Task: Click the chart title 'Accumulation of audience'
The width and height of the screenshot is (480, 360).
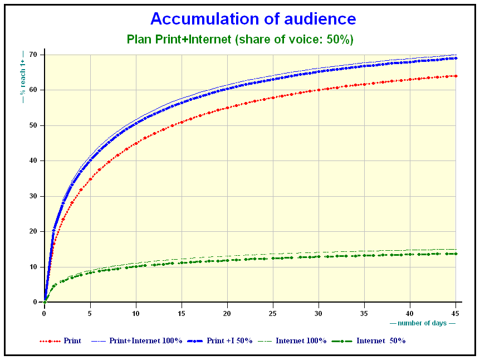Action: coord(253,19)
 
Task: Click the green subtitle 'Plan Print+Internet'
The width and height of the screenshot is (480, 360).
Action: coord(179,40)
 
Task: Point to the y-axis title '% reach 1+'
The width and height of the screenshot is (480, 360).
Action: coord(23,77)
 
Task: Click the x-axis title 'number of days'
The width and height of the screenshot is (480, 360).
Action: coord(422,323)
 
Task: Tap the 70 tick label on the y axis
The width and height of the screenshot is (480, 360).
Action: coord(33,55)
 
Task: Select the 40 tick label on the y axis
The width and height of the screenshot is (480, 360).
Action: coord(33,160)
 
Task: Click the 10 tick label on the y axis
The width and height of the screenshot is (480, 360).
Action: coord(33,267)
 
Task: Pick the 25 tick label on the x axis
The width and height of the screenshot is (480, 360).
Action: coord(272,313)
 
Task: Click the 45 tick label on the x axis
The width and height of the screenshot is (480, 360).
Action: coord(455,313)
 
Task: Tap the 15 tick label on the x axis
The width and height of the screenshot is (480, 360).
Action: coord(181,313)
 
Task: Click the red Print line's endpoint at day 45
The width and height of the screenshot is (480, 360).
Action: coord(456,76)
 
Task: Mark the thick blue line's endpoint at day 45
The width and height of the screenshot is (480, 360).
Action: coord(456,58)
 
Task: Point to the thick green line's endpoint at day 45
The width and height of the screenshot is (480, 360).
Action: coord(456,254)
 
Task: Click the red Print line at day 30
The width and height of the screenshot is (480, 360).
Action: coord(319,90)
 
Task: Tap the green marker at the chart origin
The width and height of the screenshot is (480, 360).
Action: coord(45,302)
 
